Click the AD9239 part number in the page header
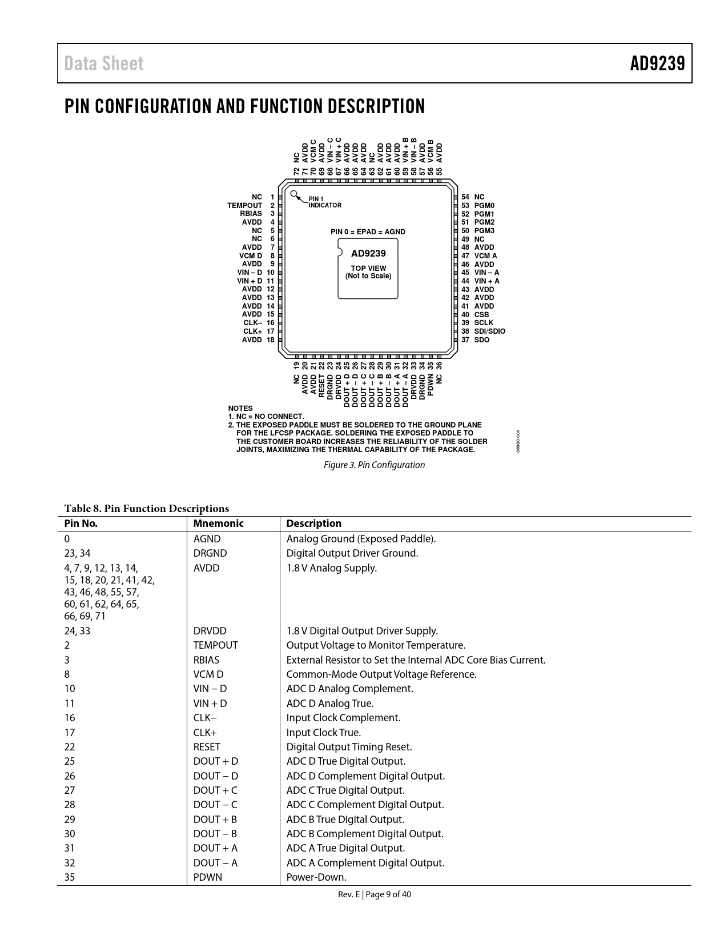pos(657,63)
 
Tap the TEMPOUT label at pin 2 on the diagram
pos(244,205)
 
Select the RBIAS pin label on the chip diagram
pos(251,214)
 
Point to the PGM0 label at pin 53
pos(484,205)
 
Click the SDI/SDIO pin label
pos(489,331)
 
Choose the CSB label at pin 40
pos(481,314)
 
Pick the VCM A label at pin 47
pos(485,256)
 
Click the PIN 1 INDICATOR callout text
pos(324,202)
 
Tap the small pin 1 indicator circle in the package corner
pos(293,194)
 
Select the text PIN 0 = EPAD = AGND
pos(368,232)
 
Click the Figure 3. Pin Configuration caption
pos(374,465)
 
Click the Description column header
pos(313,524)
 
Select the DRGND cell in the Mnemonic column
pos(210,553)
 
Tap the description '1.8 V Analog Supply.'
pos(331,568)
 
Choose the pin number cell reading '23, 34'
pos(77,553)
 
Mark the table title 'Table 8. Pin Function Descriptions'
pos(146,509)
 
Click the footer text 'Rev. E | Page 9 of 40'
pos(374,894)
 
